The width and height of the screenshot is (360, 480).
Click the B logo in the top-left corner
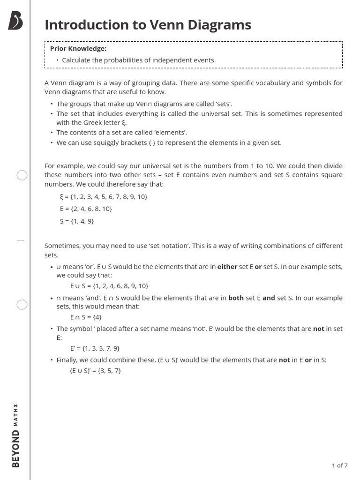[15, 22]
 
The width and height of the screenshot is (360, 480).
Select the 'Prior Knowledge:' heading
[78, 48]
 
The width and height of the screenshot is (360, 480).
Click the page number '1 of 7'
[339, 465]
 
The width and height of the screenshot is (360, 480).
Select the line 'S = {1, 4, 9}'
[77, 221]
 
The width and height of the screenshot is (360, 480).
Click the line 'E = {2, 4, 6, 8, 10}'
[86, 209]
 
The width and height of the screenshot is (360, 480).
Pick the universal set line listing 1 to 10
[104, 196]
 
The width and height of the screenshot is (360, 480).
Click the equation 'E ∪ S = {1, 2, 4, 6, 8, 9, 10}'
[109, 286]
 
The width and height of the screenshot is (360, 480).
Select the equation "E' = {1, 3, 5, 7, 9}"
[95, 348]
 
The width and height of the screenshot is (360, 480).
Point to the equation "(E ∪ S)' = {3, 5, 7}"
[96, 371]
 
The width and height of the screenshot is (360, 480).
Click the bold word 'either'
[227, 267]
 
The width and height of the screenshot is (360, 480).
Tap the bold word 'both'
[236, 298]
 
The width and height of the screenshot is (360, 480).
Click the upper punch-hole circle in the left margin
[22, 176]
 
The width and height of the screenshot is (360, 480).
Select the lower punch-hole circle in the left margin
[22, 305]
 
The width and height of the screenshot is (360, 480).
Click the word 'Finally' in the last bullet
[67, 360]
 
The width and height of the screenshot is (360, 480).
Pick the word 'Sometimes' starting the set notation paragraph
[61, 246]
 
